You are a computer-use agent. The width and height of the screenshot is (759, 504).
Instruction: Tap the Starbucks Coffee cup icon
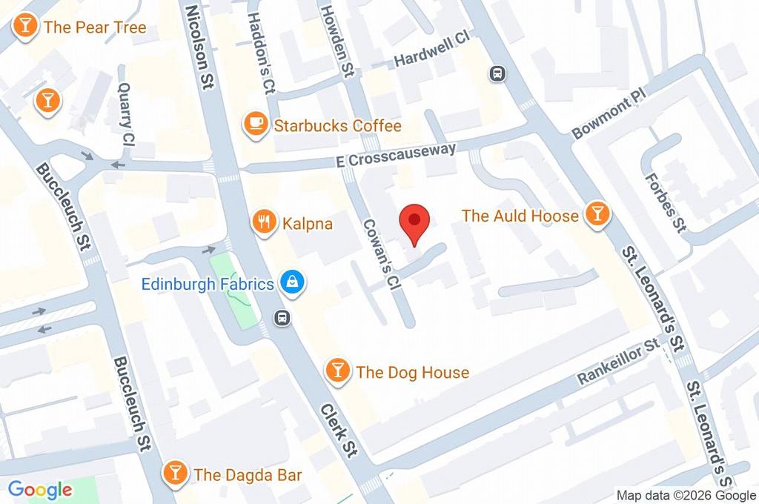256,125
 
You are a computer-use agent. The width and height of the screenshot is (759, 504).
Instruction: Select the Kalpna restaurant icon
263,221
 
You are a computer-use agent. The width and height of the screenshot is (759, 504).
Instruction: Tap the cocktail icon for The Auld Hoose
597,214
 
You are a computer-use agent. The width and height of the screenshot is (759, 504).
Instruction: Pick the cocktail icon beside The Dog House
338,371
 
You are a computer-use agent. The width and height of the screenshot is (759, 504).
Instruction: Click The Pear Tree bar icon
25,27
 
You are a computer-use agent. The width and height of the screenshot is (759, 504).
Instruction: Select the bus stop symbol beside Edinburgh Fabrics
282,318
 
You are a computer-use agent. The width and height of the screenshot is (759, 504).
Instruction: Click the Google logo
40,489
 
